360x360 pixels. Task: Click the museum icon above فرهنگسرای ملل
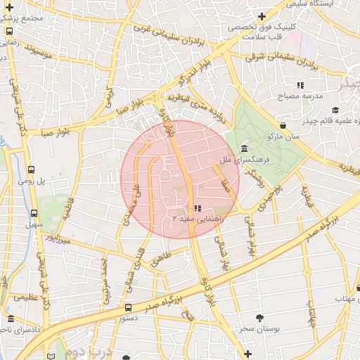pyautogui.click(x=243, y=148)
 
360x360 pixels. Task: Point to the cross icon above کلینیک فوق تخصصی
pyautogui.click(x=262, y=15)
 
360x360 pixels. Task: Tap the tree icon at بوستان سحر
pyautogui.click(x=260, y=318)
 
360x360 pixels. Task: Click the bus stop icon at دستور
pyautogui.click(x=127, y=307)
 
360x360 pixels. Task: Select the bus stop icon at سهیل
pyautogui.click(x=33, y=213)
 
